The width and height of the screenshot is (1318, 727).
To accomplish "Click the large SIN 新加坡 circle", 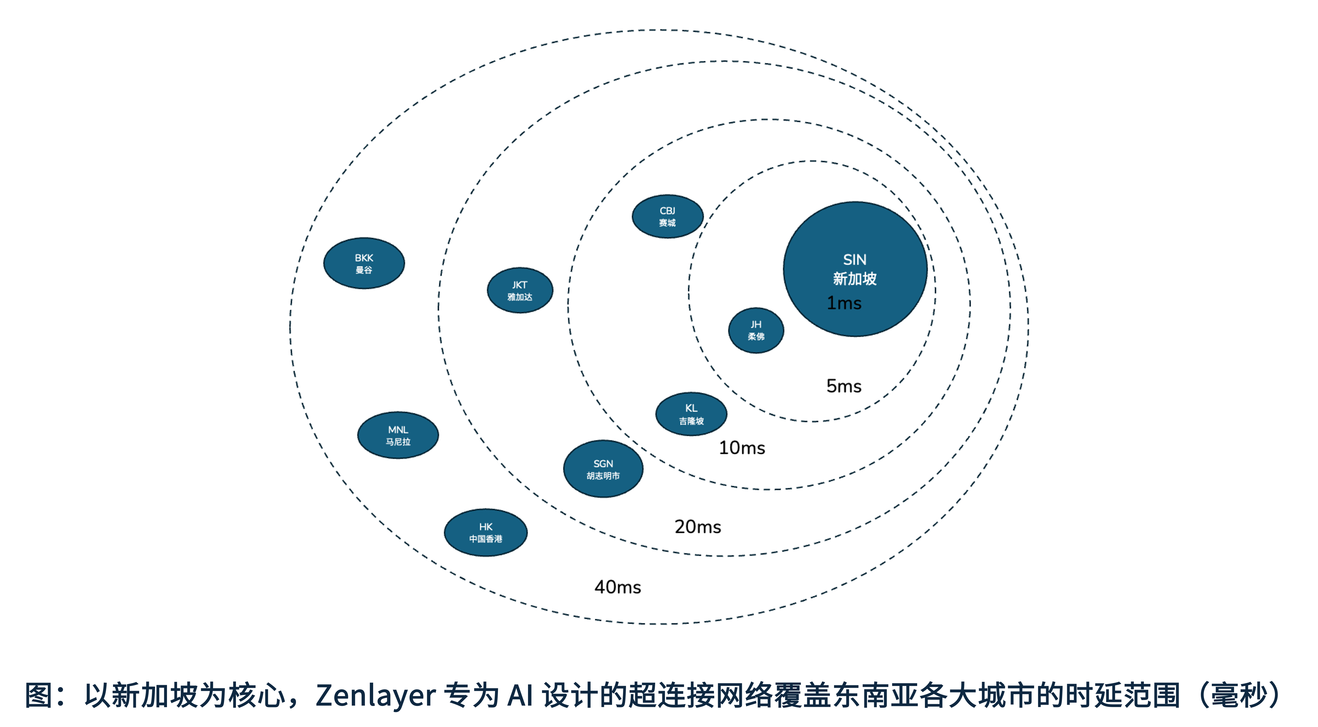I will click(x=855, y=269).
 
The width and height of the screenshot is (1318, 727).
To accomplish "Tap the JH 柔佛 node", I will click(x=756, y=330).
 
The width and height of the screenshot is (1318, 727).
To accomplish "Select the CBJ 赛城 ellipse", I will click(x=667, y=216).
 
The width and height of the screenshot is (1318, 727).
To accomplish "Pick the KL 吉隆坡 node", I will click(x=691, y=414).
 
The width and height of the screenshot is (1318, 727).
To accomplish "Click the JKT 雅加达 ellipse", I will click(x=520, y=290).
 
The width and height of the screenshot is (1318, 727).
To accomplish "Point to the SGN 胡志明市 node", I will click(x=603, y=469).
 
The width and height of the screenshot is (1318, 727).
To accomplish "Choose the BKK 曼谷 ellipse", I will click(x=364, y=263).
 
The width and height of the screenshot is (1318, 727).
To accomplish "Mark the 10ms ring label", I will click(x=742, y=448).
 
